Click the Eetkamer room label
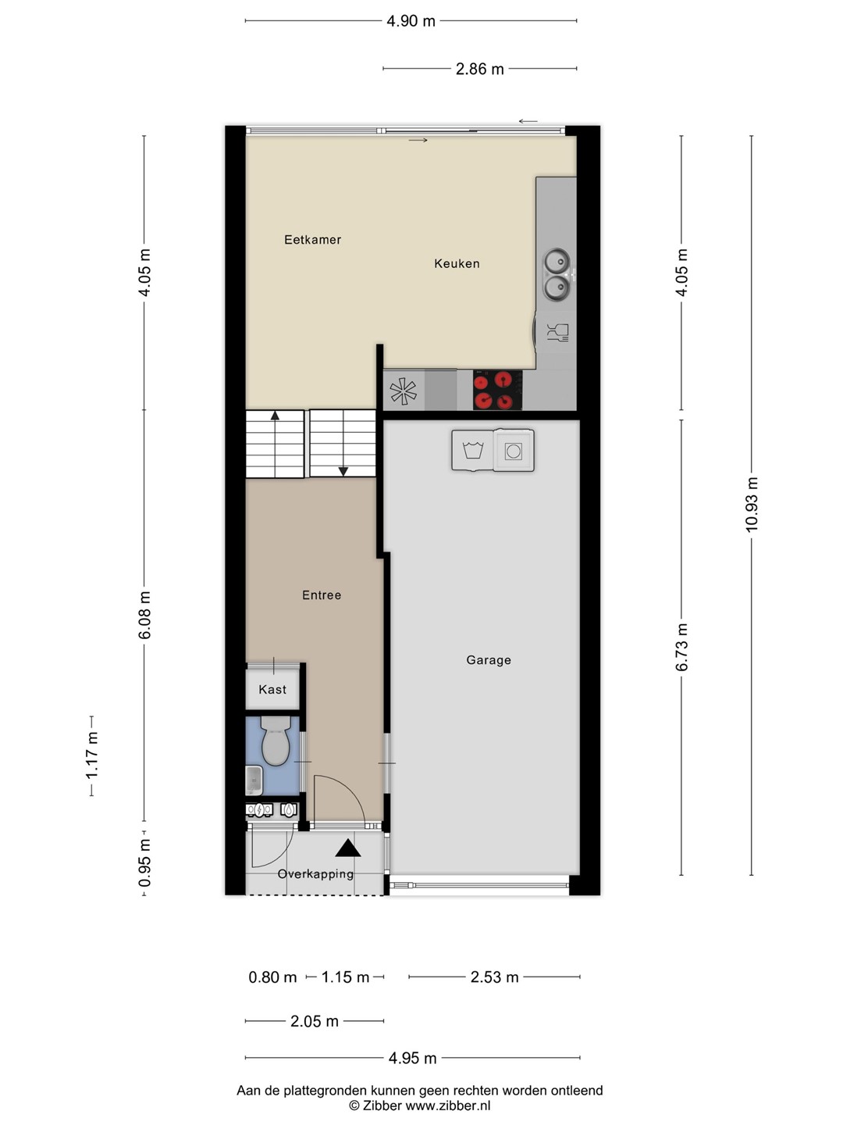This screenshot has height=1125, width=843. coord(312,239)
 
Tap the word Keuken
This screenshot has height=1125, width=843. coord(457,263)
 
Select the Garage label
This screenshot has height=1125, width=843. coord(489,660)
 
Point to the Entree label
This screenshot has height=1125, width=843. coord(322,595)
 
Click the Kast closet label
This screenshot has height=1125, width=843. coord(272,689)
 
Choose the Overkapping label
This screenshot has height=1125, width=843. coord(315,874)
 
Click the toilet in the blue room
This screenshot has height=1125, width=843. coord(276,741)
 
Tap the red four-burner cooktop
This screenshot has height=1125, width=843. coord(497,390)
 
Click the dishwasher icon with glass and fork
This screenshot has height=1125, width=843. coord(557,332)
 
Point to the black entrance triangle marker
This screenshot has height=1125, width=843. coord(348,848)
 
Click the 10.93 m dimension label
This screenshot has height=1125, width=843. coord(752,505)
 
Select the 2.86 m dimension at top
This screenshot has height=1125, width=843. coord(479,69)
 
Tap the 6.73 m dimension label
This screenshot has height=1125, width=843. coord(681,648)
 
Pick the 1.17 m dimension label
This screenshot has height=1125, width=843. coord(91,755)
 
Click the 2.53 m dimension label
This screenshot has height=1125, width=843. coord(494,977)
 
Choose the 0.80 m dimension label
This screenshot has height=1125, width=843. coord(272,977)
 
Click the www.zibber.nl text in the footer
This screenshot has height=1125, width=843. coord(448,1105)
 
